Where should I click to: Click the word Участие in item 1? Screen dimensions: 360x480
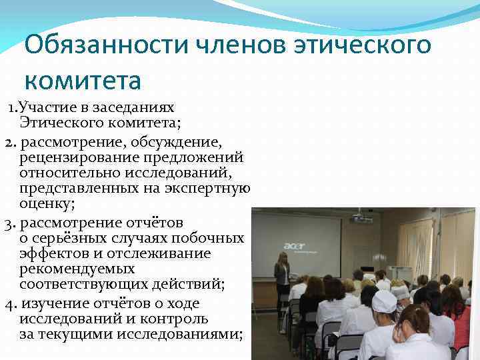[49, 107]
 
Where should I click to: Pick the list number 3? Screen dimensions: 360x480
[9, 223]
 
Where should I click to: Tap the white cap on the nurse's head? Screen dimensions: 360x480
[385, 301]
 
